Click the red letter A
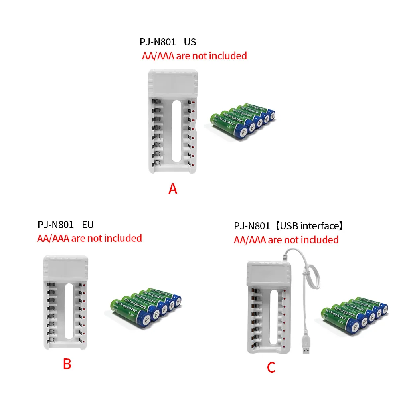coord(172,188)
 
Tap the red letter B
coord(67,364)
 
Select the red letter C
coord(271,367)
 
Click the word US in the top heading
coord(190,42)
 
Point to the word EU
coord(87,225)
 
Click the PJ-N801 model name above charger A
coord(158,42)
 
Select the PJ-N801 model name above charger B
coord(55,225)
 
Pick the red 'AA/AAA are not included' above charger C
coord(286,240)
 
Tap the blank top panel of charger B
coord(65,268)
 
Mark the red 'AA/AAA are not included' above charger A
coord(194,56)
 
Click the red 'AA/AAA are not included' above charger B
coord(89,238)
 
